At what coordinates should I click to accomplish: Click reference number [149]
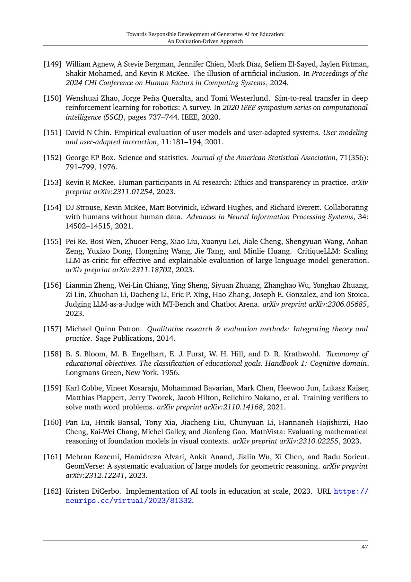[52, 64]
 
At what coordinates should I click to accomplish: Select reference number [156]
[52, 285]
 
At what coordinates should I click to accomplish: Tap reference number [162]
[52, 491]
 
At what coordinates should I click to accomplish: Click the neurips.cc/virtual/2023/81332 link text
[129, 501]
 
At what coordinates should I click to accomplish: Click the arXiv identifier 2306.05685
[347, 304]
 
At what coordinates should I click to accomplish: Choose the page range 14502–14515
[88, 226]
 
